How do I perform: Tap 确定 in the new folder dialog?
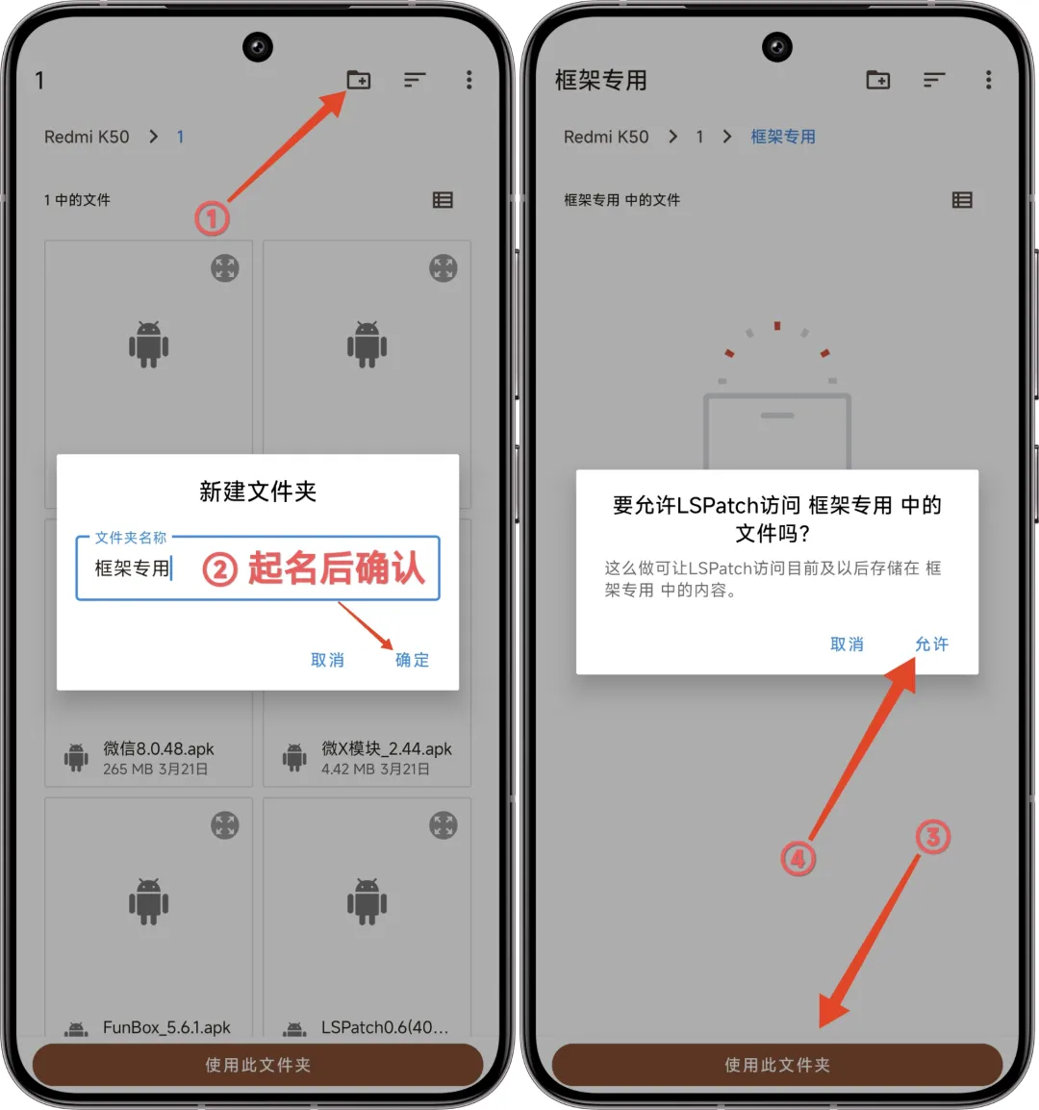point(412,660)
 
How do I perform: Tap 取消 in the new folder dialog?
point(327,660)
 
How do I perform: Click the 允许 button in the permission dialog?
point(931,644)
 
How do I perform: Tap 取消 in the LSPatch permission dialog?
point(847,644)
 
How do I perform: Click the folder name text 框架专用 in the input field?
point(133,568)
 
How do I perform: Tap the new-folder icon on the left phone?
point(359,80)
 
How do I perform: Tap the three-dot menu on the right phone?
point(988,80)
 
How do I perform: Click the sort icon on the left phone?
point(415,80)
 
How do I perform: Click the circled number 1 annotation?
point(212,218)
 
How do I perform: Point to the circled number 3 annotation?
point(932,838)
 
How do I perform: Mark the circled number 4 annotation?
point(798,859)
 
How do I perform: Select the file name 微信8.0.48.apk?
point(159,749)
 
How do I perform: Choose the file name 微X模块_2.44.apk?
point(387,749)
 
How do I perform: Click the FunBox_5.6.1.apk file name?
point(166,1027)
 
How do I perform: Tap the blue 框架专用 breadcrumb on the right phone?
point(782,137)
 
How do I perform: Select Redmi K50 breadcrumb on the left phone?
point(87,137)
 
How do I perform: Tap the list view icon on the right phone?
point(962,200)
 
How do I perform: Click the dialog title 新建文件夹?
point(258,492)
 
